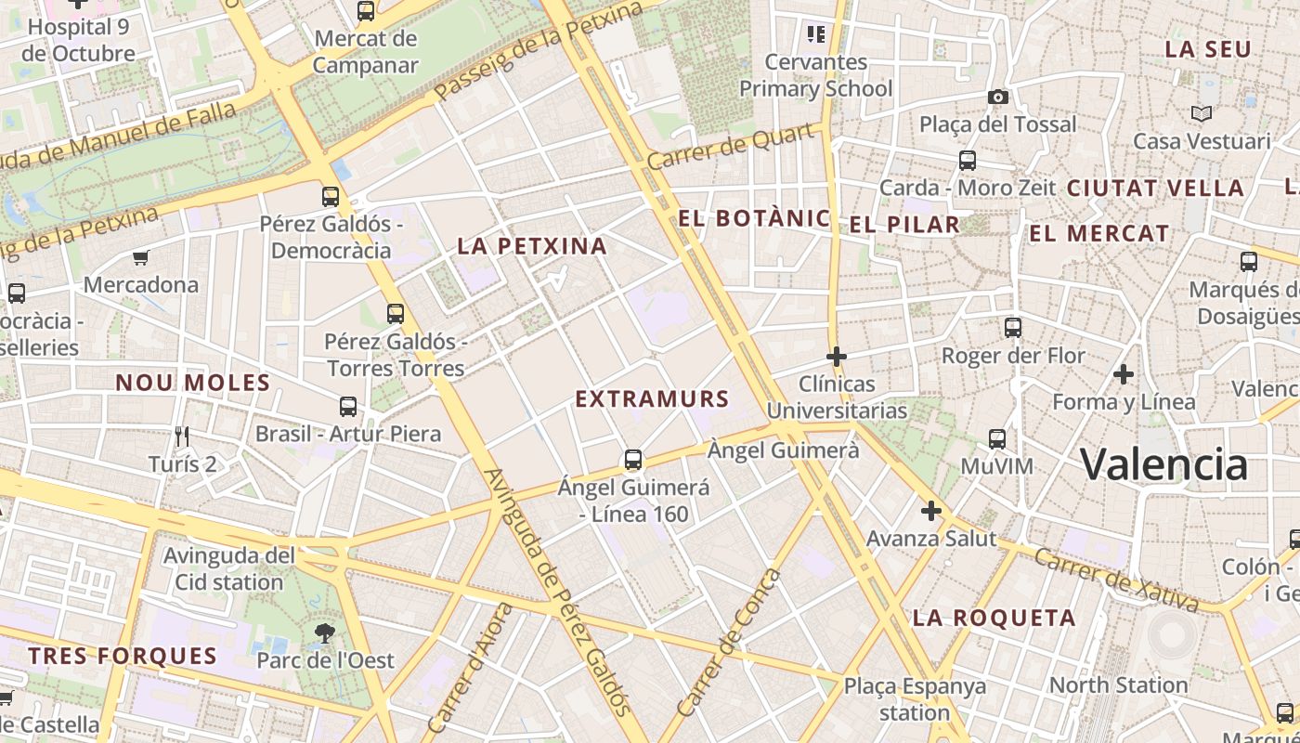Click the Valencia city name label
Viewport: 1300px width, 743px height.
click(1164, 463)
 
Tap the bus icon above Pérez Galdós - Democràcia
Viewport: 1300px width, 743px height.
click(331, 197)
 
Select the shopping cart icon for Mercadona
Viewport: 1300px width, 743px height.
click(140, 257)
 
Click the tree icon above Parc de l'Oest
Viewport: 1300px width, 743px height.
click(325, 633)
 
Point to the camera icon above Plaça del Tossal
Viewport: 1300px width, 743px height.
click(998, 98)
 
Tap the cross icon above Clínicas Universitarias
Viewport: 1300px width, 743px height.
click(837, 357)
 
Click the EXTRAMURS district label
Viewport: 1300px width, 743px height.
click(652, 399)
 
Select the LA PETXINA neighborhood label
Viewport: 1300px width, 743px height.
click(532, 246)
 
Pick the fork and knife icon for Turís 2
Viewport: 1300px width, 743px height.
click(182, 436)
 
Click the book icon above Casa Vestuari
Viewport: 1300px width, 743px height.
click(1202, 114)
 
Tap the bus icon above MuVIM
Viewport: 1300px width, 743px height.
click(997, 438)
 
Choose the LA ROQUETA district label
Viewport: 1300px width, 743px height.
click(994, 618)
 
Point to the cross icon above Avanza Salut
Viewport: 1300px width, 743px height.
click(931, 511)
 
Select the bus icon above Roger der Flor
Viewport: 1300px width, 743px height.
click(1013, 328)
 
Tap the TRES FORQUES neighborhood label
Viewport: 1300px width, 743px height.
click(123, 656)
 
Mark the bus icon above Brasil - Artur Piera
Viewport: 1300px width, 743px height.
click(348, 407)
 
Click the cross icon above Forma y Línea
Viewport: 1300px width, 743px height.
click(1124, 374)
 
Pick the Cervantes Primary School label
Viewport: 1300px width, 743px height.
click(815, 75)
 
